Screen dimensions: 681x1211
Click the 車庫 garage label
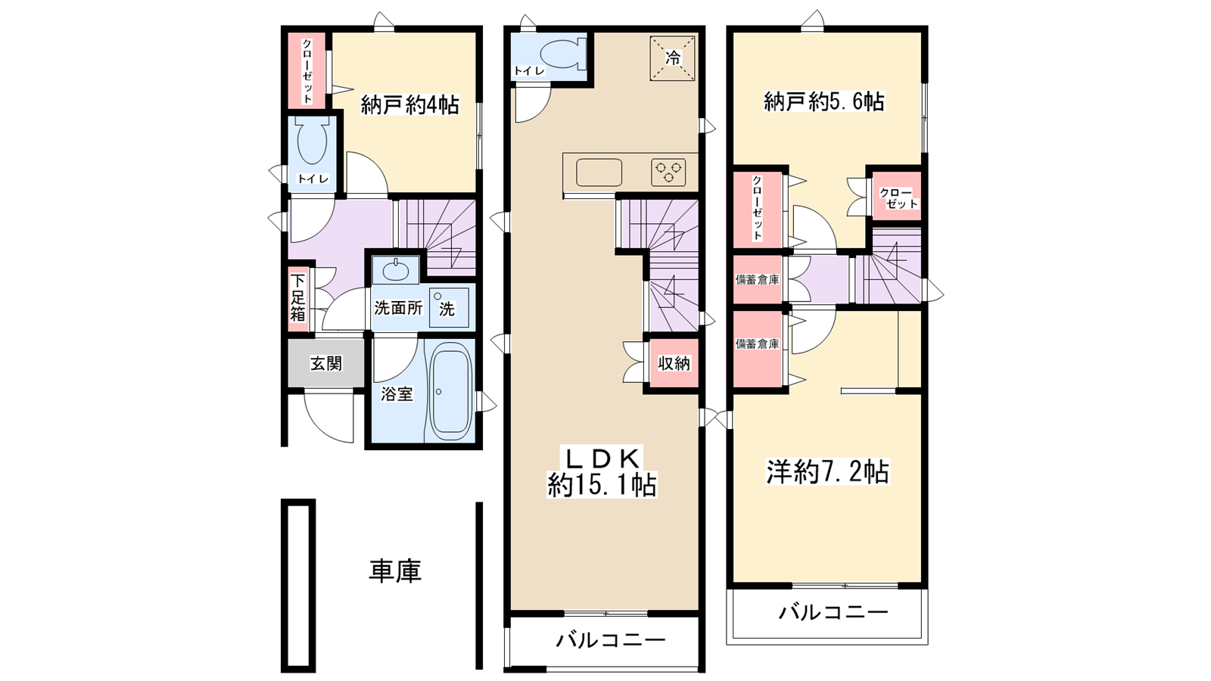394,571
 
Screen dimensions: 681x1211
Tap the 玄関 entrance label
326,364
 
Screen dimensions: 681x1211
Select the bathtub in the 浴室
450,392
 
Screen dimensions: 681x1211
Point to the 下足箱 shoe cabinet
297,297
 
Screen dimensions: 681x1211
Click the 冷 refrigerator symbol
672,58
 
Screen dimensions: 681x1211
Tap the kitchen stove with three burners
668,173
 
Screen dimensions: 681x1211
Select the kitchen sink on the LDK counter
599,173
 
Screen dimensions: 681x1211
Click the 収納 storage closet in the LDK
673,364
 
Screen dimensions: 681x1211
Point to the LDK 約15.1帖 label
602,471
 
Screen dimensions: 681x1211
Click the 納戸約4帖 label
409,105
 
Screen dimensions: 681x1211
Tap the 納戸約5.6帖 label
824,101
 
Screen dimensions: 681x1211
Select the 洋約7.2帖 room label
827,472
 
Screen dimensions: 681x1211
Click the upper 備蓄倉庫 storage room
758,279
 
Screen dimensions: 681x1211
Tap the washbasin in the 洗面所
395,269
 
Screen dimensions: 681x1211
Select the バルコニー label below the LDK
611,641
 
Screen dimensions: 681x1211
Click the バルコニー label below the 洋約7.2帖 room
833,611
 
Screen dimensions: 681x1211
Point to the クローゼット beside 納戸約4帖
307,70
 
